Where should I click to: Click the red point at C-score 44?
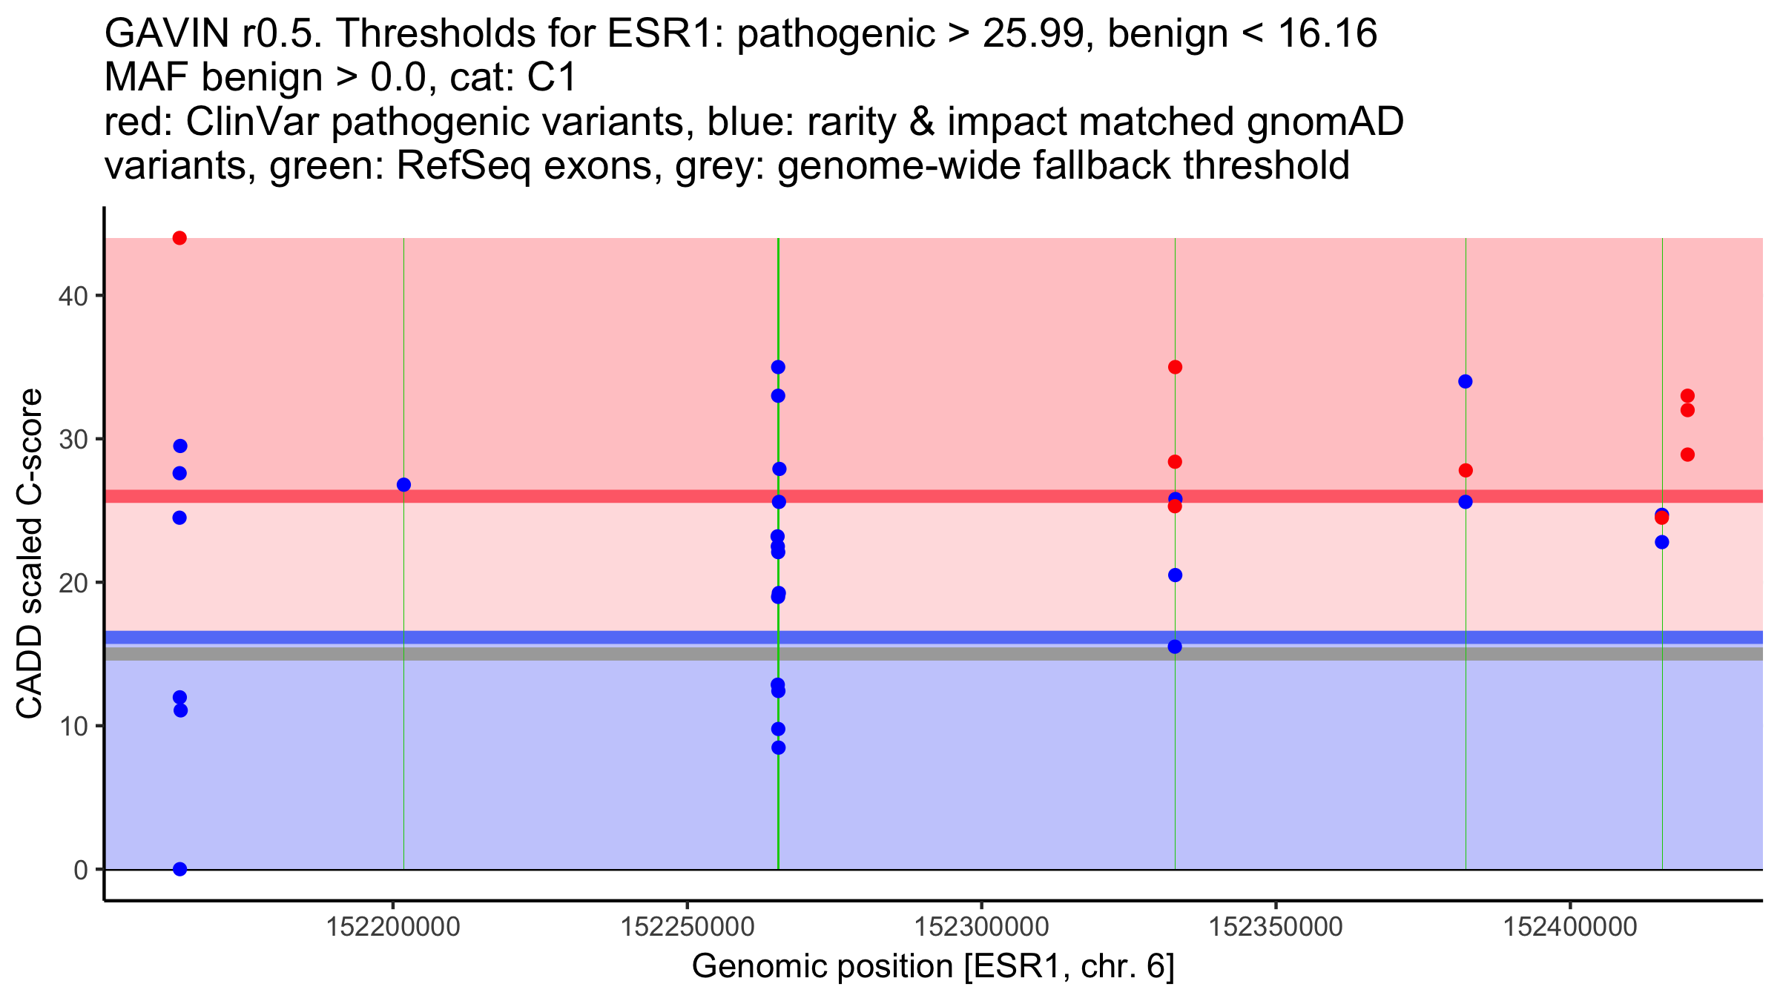click(179, 238)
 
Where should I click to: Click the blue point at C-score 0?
click(179, 869)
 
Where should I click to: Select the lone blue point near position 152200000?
click(403, 485)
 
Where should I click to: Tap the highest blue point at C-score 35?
click(778, 367)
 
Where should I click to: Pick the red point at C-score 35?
click(1175, 367)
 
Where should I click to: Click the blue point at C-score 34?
click(1466, 382)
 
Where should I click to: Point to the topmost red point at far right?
click(1687, 396)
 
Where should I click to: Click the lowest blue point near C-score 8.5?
click(778, 747)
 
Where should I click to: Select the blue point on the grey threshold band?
click(1175, 647)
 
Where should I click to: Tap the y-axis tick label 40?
click(72, 296)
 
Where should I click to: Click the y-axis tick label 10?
click(72, 726)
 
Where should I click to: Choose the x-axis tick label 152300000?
click(981, 927)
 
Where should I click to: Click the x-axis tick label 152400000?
click(1570, 927)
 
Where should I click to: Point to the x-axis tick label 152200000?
click(393, 927)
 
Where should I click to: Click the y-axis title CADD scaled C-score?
click(30, 555)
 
